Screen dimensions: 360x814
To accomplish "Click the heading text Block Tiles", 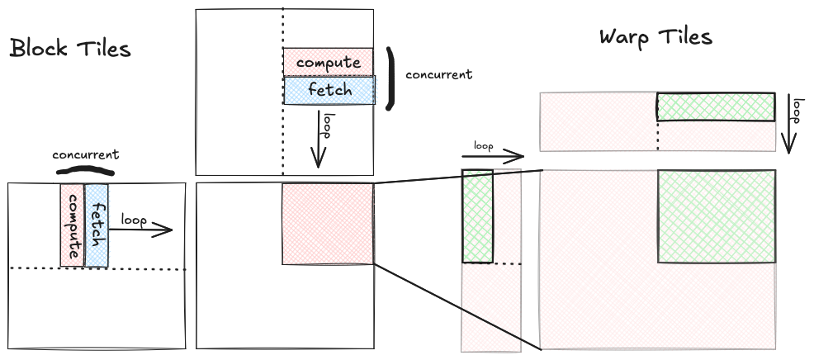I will [70, 49].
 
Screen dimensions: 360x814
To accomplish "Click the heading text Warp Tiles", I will [655, 37].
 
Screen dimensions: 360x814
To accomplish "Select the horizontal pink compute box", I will [328, 62].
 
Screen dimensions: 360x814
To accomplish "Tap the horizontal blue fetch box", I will [329, 90].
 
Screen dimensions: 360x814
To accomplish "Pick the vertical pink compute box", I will [72, 225].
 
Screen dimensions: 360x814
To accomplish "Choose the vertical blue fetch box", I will [97, 225].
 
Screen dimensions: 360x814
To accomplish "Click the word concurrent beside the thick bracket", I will [438, 74].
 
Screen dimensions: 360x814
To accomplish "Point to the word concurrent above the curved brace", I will [85, 154].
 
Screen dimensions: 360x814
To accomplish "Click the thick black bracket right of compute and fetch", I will [390, 77].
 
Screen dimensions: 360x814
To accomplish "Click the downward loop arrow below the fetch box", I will [319, 140].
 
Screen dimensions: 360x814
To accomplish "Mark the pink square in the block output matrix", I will [328, 224].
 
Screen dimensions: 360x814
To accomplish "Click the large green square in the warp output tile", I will [716, 216].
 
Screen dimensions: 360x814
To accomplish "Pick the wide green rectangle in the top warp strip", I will [716, 107].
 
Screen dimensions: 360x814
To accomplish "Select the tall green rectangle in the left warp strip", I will [477, 216].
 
